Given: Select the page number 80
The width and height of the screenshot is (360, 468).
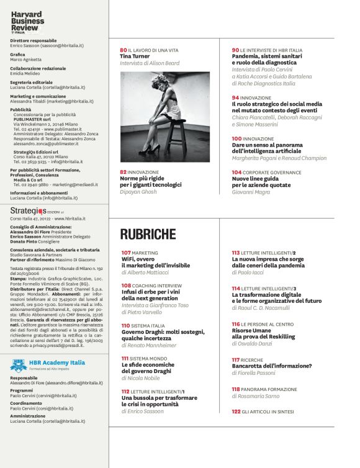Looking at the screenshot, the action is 123,50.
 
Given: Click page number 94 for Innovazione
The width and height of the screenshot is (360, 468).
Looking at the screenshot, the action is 236,97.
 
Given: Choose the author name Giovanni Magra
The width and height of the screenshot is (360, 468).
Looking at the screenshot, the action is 252,192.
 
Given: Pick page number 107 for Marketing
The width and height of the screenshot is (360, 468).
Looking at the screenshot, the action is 126,253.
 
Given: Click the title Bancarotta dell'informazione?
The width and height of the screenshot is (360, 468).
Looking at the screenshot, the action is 265,366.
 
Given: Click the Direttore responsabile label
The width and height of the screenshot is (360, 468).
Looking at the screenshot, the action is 34,40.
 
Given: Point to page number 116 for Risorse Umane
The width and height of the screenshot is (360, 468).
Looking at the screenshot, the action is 236,324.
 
